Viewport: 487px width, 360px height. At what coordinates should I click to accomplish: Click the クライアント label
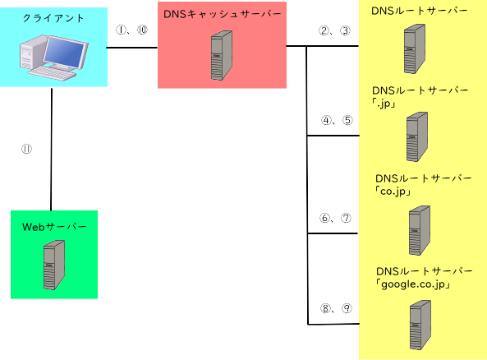(x=53, y=18)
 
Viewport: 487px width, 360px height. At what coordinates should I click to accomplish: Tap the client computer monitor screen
(x=65, y=51)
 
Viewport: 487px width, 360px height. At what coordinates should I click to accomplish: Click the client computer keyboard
(x=53, y=74)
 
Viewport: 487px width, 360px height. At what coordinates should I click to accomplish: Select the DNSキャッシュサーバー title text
(x=222, y=14)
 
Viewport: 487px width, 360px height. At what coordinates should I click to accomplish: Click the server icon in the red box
(x=222, y=55)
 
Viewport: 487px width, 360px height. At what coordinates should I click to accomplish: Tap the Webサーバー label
(x=54, y=227)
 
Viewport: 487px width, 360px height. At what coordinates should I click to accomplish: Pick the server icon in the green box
(x=54, y=265)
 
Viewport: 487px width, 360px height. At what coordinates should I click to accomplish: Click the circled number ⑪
(x=26, y=149)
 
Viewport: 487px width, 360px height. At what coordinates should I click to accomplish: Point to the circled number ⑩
(x=142, y=30)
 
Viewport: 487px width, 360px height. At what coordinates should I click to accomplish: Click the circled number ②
(x=324, y=30)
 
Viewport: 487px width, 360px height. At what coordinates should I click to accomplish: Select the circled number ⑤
(x=347, y=120)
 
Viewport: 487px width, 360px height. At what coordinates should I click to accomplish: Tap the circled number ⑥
(x=325, y=218)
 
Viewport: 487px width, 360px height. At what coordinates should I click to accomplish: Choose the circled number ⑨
(x=347, y=308)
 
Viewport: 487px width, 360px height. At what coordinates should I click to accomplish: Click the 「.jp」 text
(x=384, y=104)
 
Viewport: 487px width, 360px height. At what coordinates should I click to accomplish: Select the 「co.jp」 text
(x=393, y=192)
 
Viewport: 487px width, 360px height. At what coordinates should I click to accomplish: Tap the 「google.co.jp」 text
(x=413, y=284)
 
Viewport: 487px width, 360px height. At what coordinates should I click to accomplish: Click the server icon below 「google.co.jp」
(x=420, y=325)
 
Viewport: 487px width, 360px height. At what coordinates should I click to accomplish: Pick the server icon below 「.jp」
(x=417, y=136)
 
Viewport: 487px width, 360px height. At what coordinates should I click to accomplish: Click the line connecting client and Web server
(x=51, y=150)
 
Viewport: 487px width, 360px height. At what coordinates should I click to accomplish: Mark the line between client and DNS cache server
(x=132, y=48)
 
